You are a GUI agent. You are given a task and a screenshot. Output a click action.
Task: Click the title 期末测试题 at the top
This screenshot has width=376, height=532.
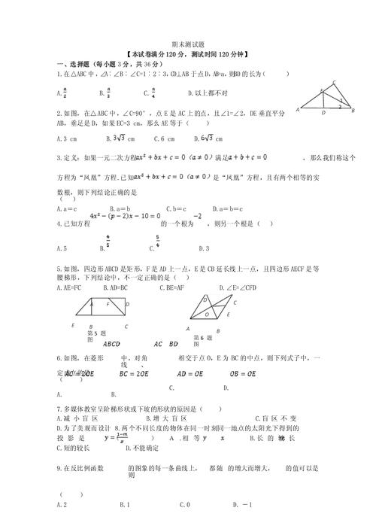[188, 44]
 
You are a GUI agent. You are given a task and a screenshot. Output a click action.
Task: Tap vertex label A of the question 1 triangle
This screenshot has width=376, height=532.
[299, 110]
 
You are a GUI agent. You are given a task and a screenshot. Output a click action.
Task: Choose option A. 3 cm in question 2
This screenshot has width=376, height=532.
[68, 139]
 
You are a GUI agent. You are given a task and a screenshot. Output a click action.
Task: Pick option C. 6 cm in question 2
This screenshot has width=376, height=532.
[164, 139]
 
